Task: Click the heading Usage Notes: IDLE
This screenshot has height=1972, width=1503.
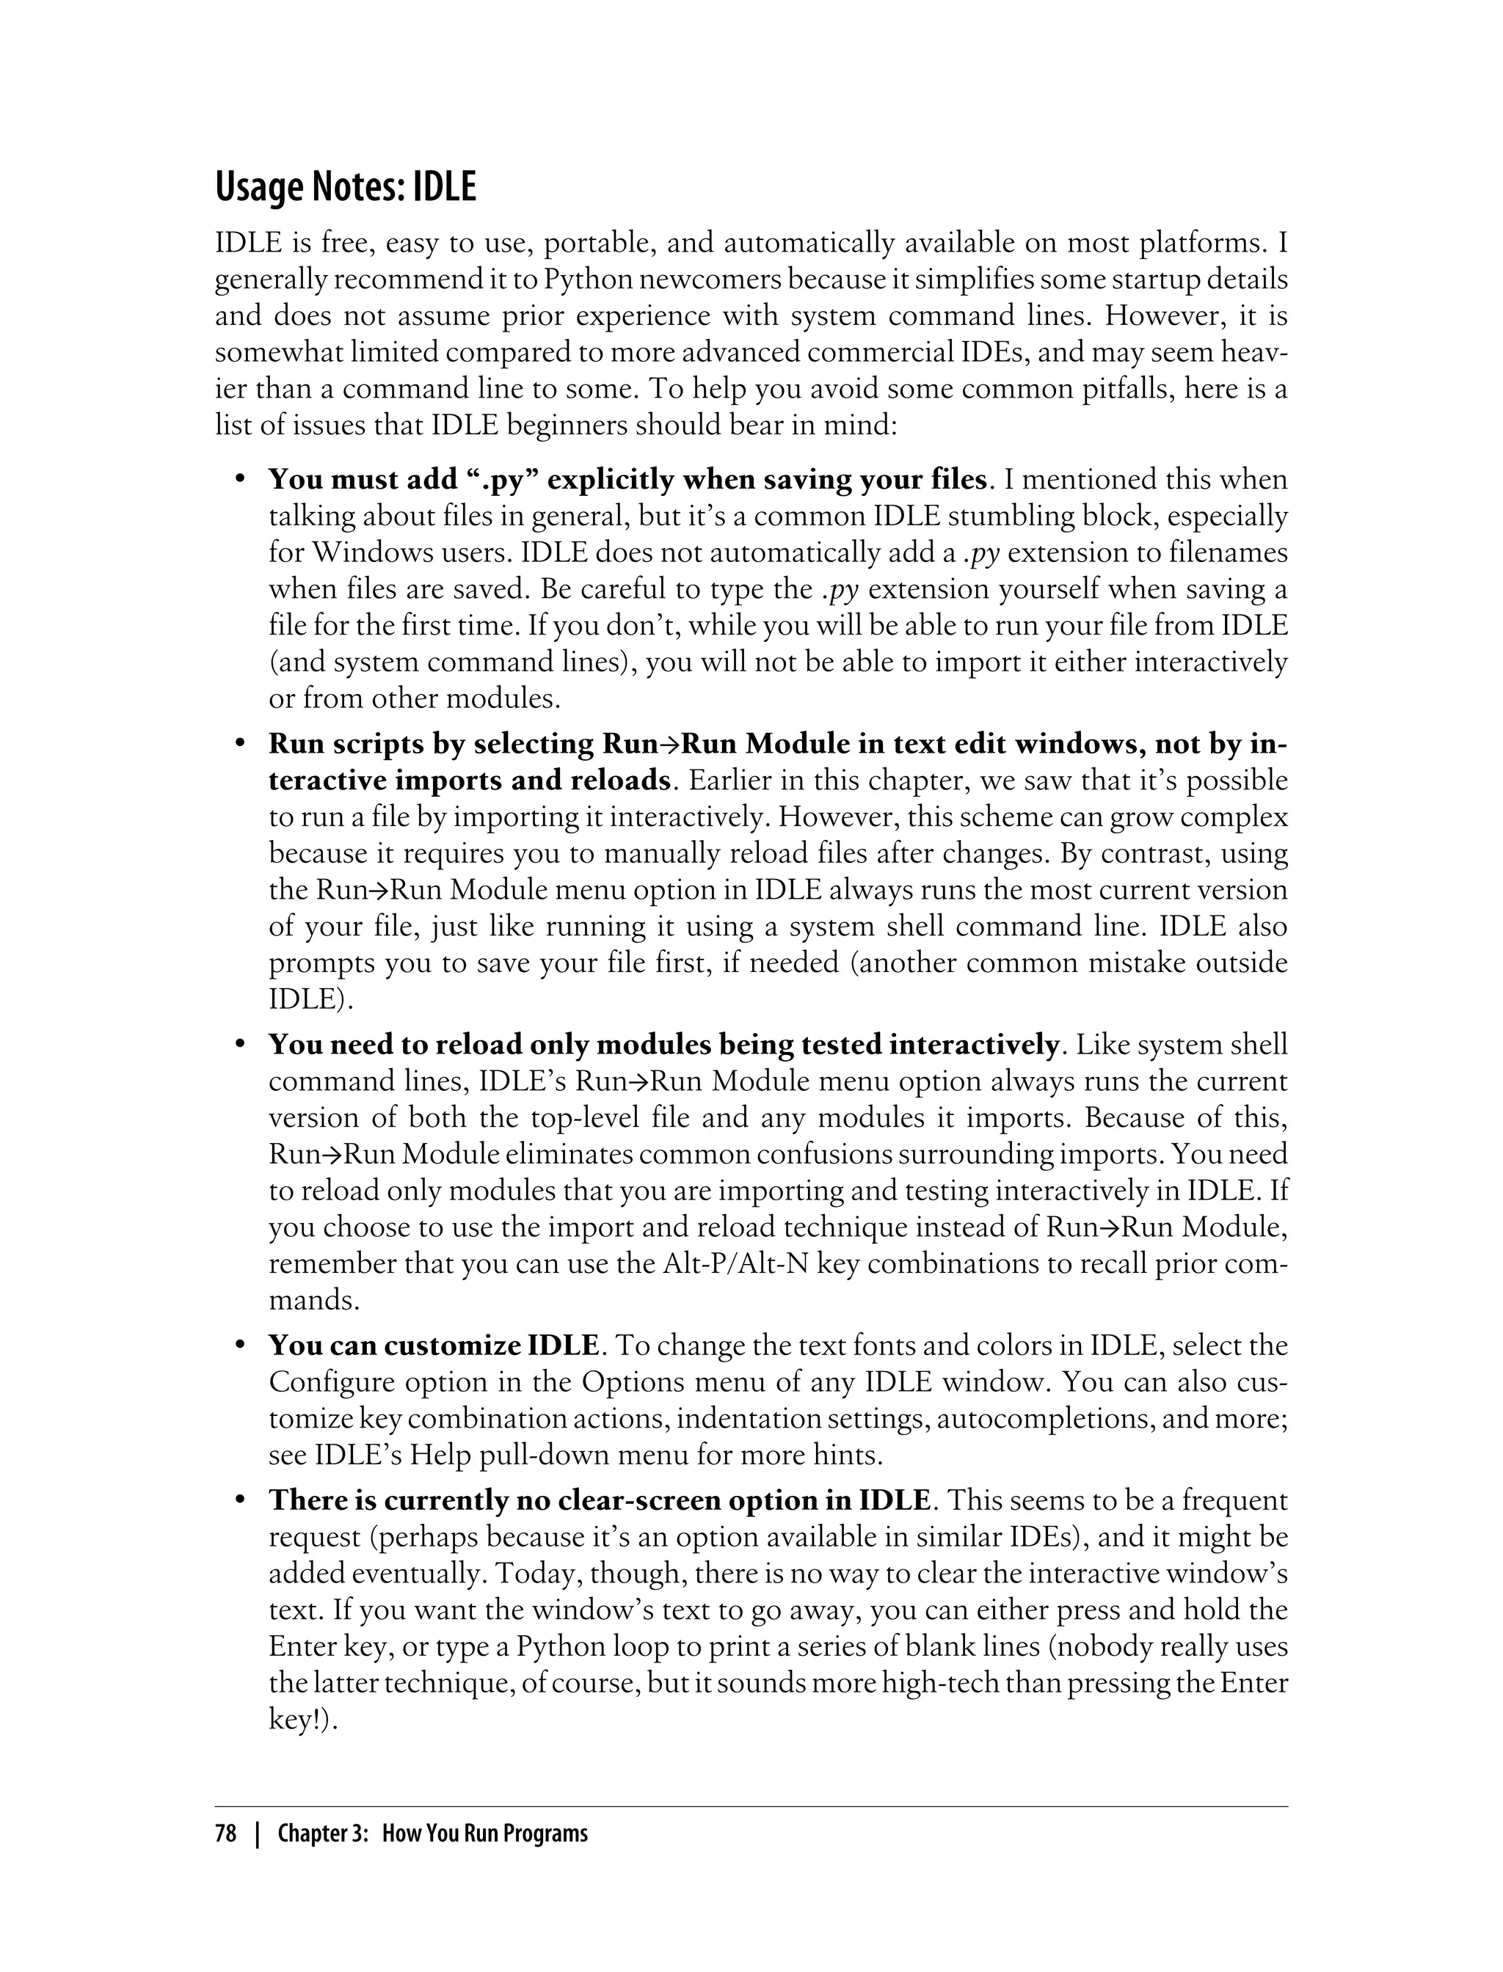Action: [x=346, y=188]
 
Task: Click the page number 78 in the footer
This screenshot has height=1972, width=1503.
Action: [x=225, y=1833]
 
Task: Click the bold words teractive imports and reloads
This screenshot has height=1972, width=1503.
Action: [x=469, y=781]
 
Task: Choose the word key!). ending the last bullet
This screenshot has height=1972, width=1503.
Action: [x=302, y=1720]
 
